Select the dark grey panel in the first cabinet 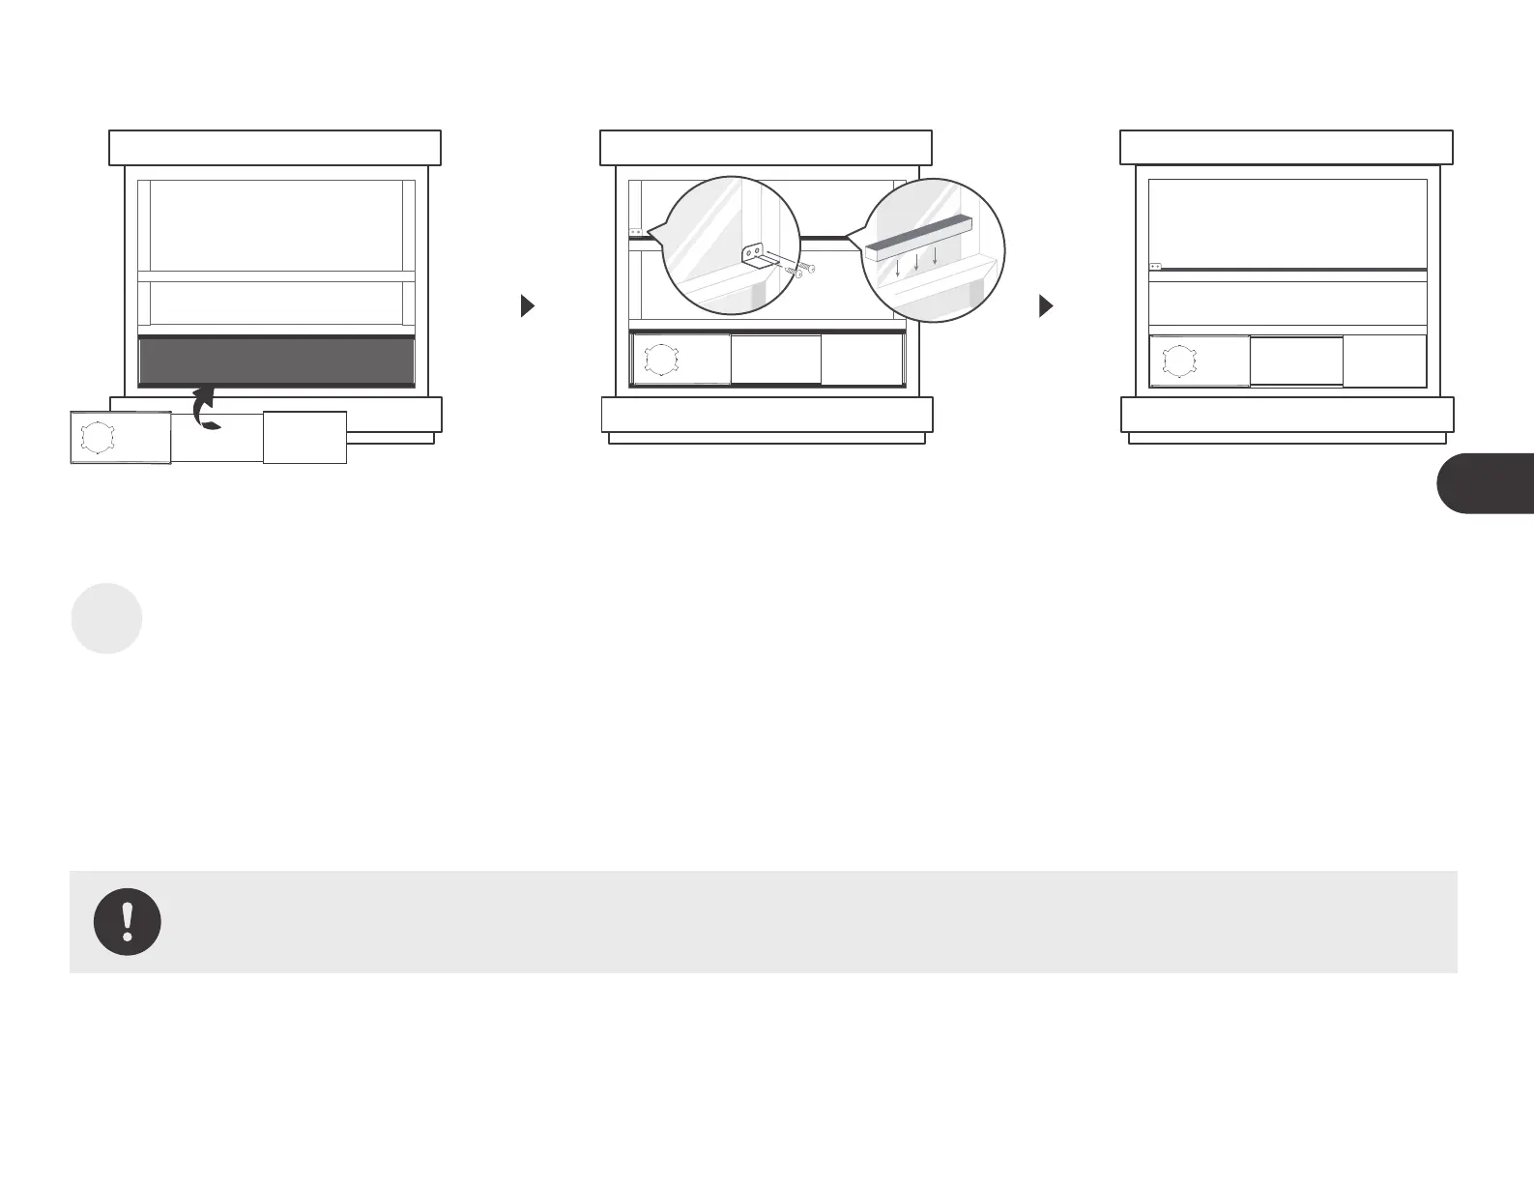pos(276,361)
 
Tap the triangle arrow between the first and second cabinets pos(527,306)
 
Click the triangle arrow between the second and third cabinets pos(1045,306)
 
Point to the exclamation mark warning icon pos(128,921)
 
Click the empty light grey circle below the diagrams pos(107,619)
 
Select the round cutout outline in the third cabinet pos(1178,361)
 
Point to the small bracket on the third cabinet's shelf pos(1155,266)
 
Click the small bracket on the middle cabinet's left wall pos(636,232)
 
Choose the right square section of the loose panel pos(304,437)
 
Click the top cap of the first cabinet pos(275,148)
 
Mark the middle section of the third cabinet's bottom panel pos(1296,361)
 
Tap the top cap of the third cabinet pos(1286,148)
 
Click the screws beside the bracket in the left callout pos(801,270)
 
